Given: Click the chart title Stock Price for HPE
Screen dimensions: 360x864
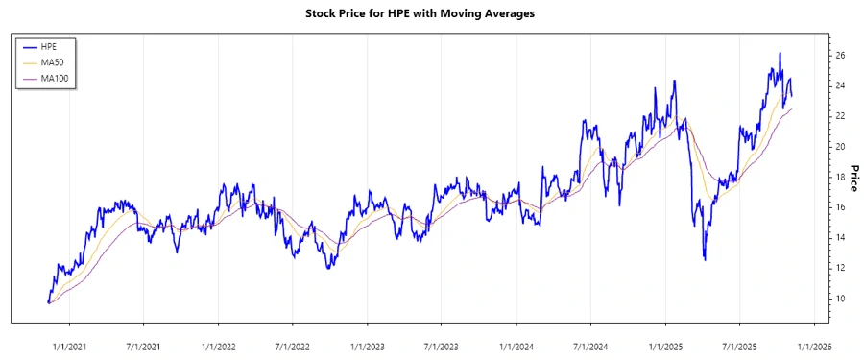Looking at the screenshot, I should click(432, 13).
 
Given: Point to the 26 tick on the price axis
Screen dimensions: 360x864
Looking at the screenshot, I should click(839, 56).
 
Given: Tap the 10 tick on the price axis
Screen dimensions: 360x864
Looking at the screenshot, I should click(839, 299).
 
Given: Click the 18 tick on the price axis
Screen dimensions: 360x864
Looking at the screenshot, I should click(839, 177).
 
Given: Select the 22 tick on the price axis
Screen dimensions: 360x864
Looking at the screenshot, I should click(839, 116).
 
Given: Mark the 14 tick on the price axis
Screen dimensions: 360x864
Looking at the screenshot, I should click(839, 238).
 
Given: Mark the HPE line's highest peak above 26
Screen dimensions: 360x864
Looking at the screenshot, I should click(780, 53).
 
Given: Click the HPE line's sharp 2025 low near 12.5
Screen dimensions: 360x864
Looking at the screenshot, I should click(705, 259).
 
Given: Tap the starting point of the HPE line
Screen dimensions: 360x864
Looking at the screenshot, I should click(48, 302).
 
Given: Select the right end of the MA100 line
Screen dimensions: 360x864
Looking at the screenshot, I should click(792, 109).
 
